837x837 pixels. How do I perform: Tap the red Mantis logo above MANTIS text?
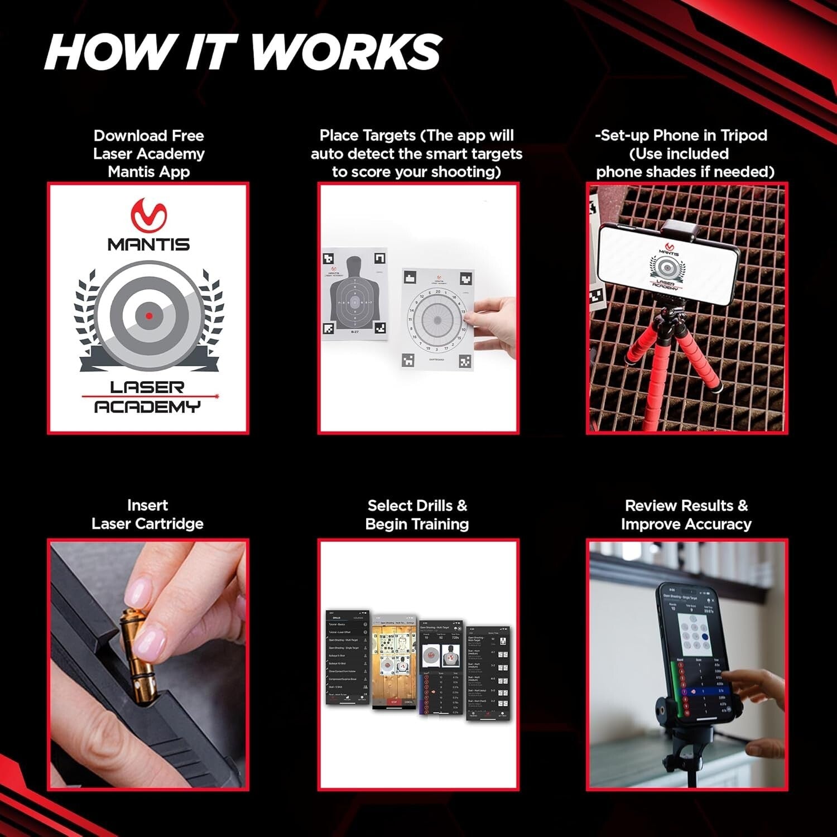(148, 215)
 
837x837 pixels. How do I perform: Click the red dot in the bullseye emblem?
(149, 316)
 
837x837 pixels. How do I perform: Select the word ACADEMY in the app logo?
(147, 407)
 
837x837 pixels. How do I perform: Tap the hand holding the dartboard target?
(494, 326)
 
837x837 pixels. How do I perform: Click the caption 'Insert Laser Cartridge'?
(147, 514)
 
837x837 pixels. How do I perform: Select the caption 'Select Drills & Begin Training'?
(417, 514)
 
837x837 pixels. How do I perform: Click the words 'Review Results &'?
(686, 506)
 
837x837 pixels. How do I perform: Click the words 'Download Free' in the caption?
(148, 136)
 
